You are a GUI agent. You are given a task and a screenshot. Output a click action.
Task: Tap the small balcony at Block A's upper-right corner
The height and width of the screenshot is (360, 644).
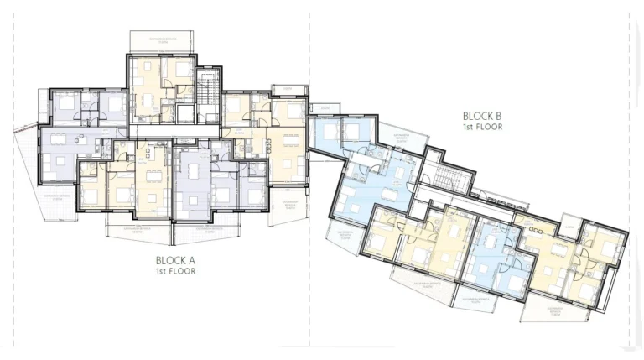[289, 91]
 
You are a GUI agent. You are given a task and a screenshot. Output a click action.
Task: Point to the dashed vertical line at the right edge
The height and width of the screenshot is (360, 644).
[629, 168]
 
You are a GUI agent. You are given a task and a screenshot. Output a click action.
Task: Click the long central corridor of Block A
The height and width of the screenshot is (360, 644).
[176, 133]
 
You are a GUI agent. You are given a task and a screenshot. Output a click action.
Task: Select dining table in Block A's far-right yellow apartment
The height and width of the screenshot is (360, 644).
[291, 146]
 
